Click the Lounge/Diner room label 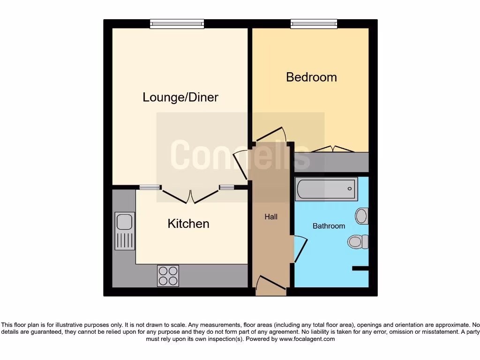[180, 97]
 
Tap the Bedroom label [311, 77]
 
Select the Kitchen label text [188, 224]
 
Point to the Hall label [271, 217]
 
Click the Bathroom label [329, 226]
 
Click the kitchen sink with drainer [125, 231]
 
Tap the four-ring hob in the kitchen [168, 276]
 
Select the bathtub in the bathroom [326, 189]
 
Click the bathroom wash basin [361, 216]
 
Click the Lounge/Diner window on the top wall [177, 24]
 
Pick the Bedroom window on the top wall [314, 24]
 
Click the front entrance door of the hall [270, 285]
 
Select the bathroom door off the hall [300, 248]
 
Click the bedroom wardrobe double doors [333, 149]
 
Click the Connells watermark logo [240, 155]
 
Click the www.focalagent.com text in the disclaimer [307, 339]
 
